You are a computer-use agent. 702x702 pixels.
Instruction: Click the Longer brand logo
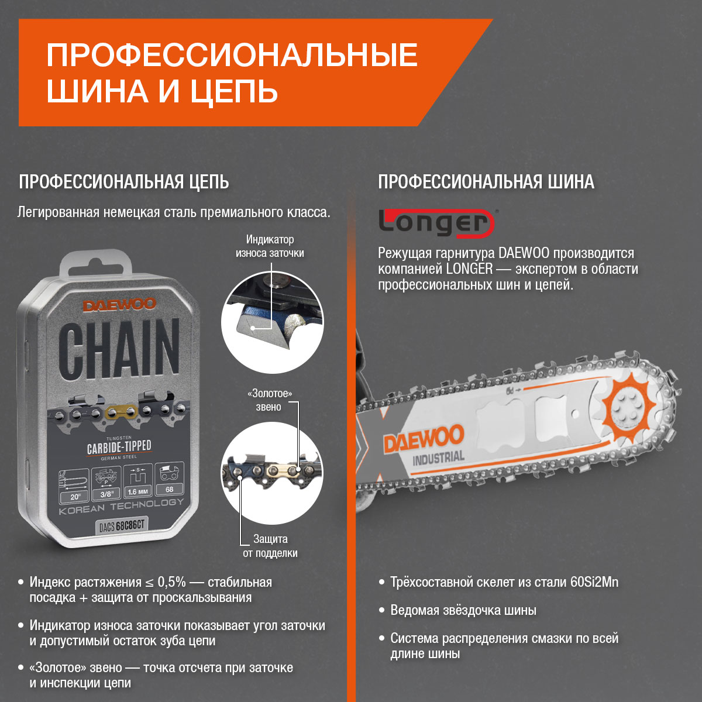pyautogui.click(x=436, y=223)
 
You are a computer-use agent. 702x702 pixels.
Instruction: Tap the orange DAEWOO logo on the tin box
pyautogui.click(x=119, y=304)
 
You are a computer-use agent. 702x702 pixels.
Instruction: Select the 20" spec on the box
pyautogui.click(x=75, y=497)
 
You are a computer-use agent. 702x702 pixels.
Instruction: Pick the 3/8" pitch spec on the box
pyautogui.click(x=106, y=494)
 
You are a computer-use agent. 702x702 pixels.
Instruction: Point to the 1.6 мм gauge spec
pyautogui.click(x=137, y=491)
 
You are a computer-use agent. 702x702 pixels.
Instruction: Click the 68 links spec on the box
pyautogui.click(x=170, y=489)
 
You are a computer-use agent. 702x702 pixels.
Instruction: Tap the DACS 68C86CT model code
pyautogui.click(x=122, y=525)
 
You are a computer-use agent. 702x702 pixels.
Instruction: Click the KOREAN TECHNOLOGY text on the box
pyautogui.click(x=121, y=507)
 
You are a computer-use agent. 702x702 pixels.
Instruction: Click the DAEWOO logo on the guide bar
pyautogui.click(x=424, y=439)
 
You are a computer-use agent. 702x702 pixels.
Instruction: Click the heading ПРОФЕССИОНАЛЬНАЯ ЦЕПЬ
pyautogui.click(x=124, y=182)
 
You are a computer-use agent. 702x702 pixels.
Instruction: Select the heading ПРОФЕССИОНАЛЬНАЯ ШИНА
pyautogui.click(x=486, y=182)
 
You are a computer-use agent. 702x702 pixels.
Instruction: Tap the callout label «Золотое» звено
pyautogui.click(x=269, y=400)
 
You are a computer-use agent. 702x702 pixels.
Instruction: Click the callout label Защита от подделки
pyautogui.click(x=270, y=546)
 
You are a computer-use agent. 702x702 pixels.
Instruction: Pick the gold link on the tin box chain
pyautogui.click(x=121, y=412)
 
